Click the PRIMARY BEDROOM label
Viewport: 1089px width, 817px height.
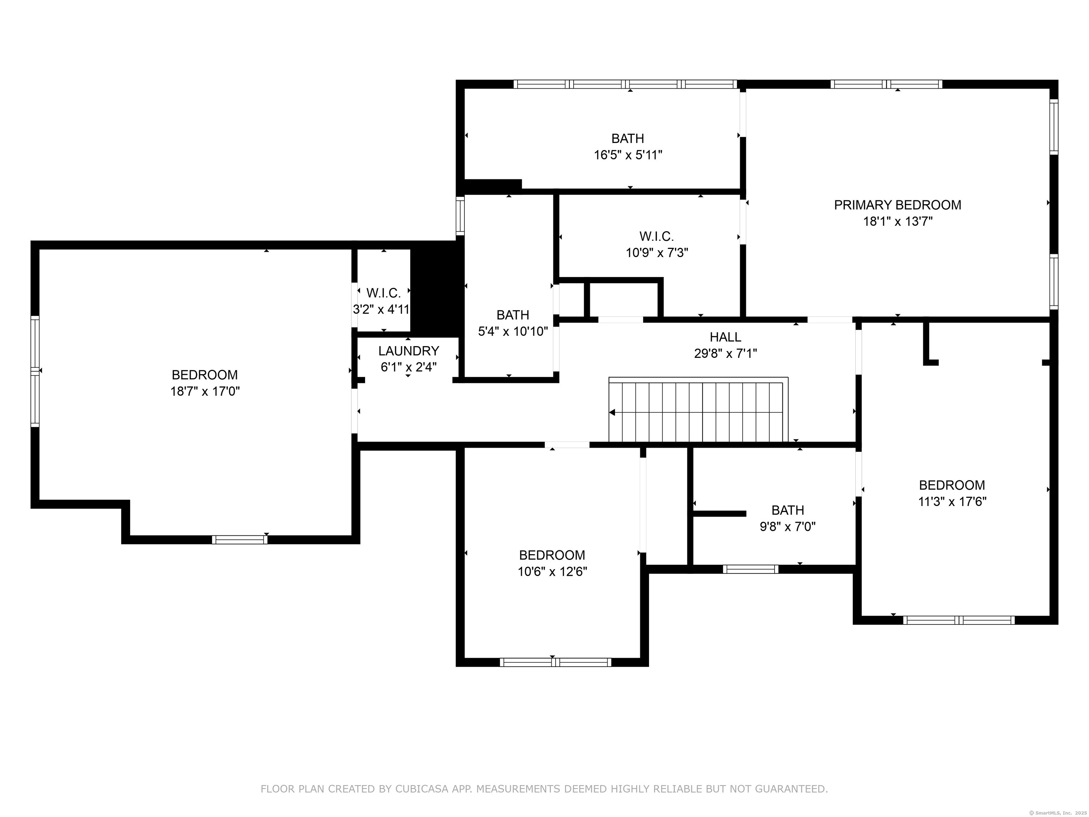tap(897, 205)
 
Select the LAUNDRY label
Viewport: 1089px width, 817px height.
tap(408, 351)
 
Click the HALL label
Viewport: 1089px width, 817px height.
tap(725, 337)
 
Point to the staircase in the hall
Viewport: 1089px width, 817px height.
tap(698, 411)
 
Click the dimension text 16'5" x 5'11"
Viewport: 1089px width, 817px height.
tap(628, 155)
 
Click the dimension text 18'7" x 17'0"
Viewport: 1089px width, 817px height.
tap(205, 391)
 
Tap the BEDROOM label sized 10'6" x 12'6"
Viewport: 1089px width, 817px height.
tap(552, 555)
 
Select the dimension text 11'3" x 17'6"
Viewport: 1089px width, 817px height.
tap(952, 502)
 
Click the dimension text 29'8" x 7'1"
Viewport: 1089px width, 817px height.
tap(725, 353)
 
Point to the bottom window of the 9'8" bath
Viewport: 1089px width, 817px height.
tap(750, 569)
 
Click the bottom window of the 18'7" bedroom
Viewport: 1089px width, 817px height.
tap(240, 540)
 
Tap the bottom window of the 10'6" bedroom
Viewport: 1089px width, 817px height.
tap(555, 662)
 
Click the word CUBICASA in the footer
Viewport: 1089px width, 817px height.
tap(421, 789)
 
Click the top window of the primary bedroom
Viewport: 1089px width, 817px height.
tap(886, 84)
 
